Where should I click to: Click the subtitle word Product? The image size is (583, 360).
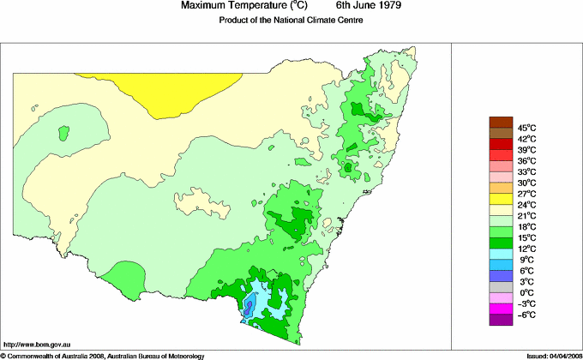[233, 21]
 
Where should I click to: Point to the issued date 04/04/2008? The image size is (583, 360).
[560, 355]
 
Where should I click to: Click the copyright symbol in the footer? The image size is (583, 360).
[3, 355]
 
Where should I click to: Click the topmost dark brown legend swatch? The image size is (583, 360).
[500, 122]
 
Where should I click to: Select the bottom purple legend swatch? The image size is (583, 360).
[500, 321]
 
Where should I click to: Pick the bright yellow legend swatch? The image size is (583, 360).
[500, 199]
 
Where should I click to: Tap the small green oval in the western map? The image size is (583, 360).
[63, 133]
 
